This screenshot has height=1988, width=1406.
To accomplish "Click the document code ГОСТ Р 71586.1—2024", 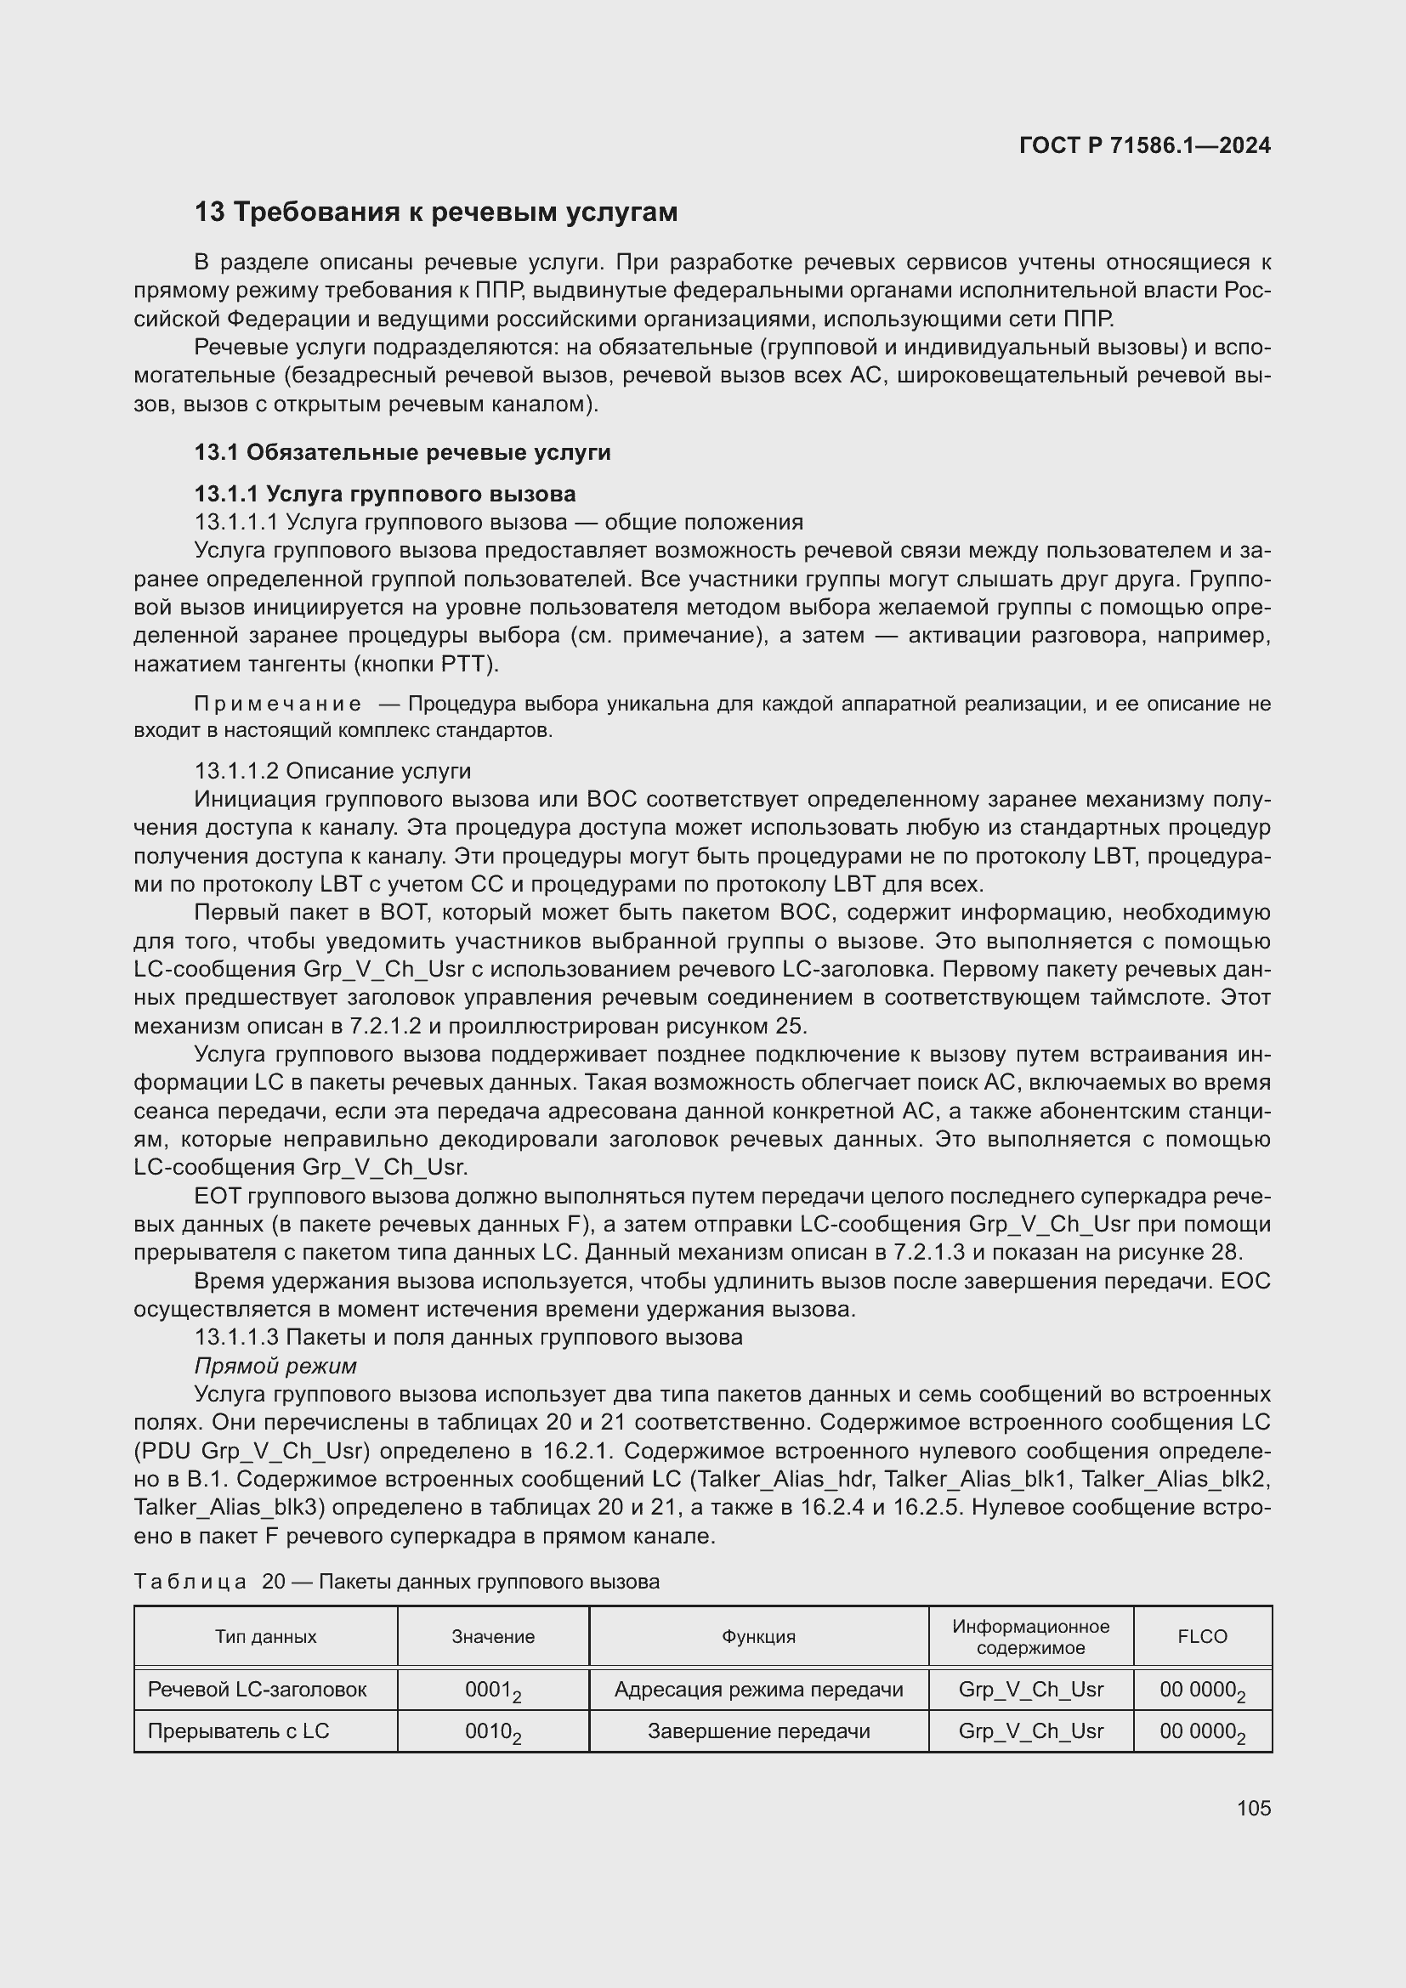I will point(1143,145).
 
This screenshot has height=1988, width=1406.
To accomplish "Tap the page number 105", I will point(1253,1808).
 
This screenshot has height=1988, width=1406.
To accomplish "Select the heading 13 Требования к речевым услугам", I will point(435,212).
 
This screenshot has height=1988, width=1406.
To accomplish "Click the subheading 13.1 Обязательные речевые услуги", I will point(403,452).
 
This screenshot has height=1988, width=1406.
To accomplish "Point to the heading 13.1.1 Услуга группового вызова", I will point(385,495).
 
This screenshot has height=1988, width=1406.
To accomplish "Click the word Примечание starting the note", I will point(278,704).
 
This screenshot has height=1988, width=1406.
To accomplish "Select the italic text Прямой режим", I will point(275,1366).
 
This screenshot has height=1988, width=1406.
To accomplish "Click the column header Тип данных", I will point(266,1636).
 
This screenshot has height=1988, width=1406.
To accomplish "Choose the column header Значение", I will point(493,1636).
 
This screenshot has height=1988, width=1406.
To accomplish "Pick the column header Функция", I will point(758,1636).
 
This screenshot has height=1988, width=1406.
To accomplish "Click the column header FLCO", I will point(1202,1636).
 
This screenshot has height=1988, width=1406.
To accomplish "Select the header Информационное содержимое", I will point(1030,1636).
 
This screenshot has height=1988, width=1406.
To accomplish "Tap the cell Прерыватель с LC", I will point(238,1730).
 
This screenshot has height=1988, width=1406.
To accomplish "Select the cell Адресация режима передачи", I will point(758,1690).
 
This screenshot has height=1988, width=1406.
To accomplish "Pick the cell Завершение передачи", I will point(758,1730).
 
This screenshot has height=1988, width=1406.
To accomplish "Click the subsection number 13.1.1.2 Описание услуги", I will point(332,771).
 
